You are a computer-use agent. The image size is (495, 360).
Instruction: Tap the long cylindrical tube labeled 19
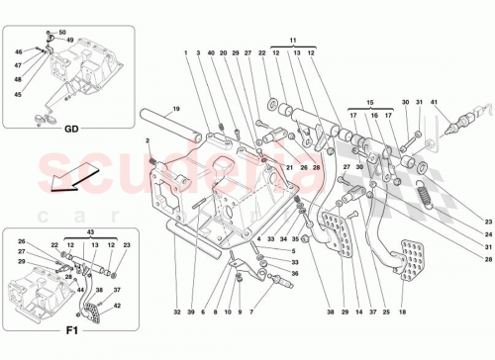pyautogui.click(x=177, y=127)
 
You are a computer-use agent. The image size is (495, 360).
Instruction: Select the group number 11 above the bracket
pyautogui.click(x=293, y=40)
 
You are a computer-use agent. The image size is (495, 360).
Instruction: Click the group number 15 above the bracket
pyautogui.click(x=368, y=101)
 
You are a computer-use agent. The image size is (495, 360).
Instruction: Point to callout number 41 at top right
pyautogui.click(x=434, y=102)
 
